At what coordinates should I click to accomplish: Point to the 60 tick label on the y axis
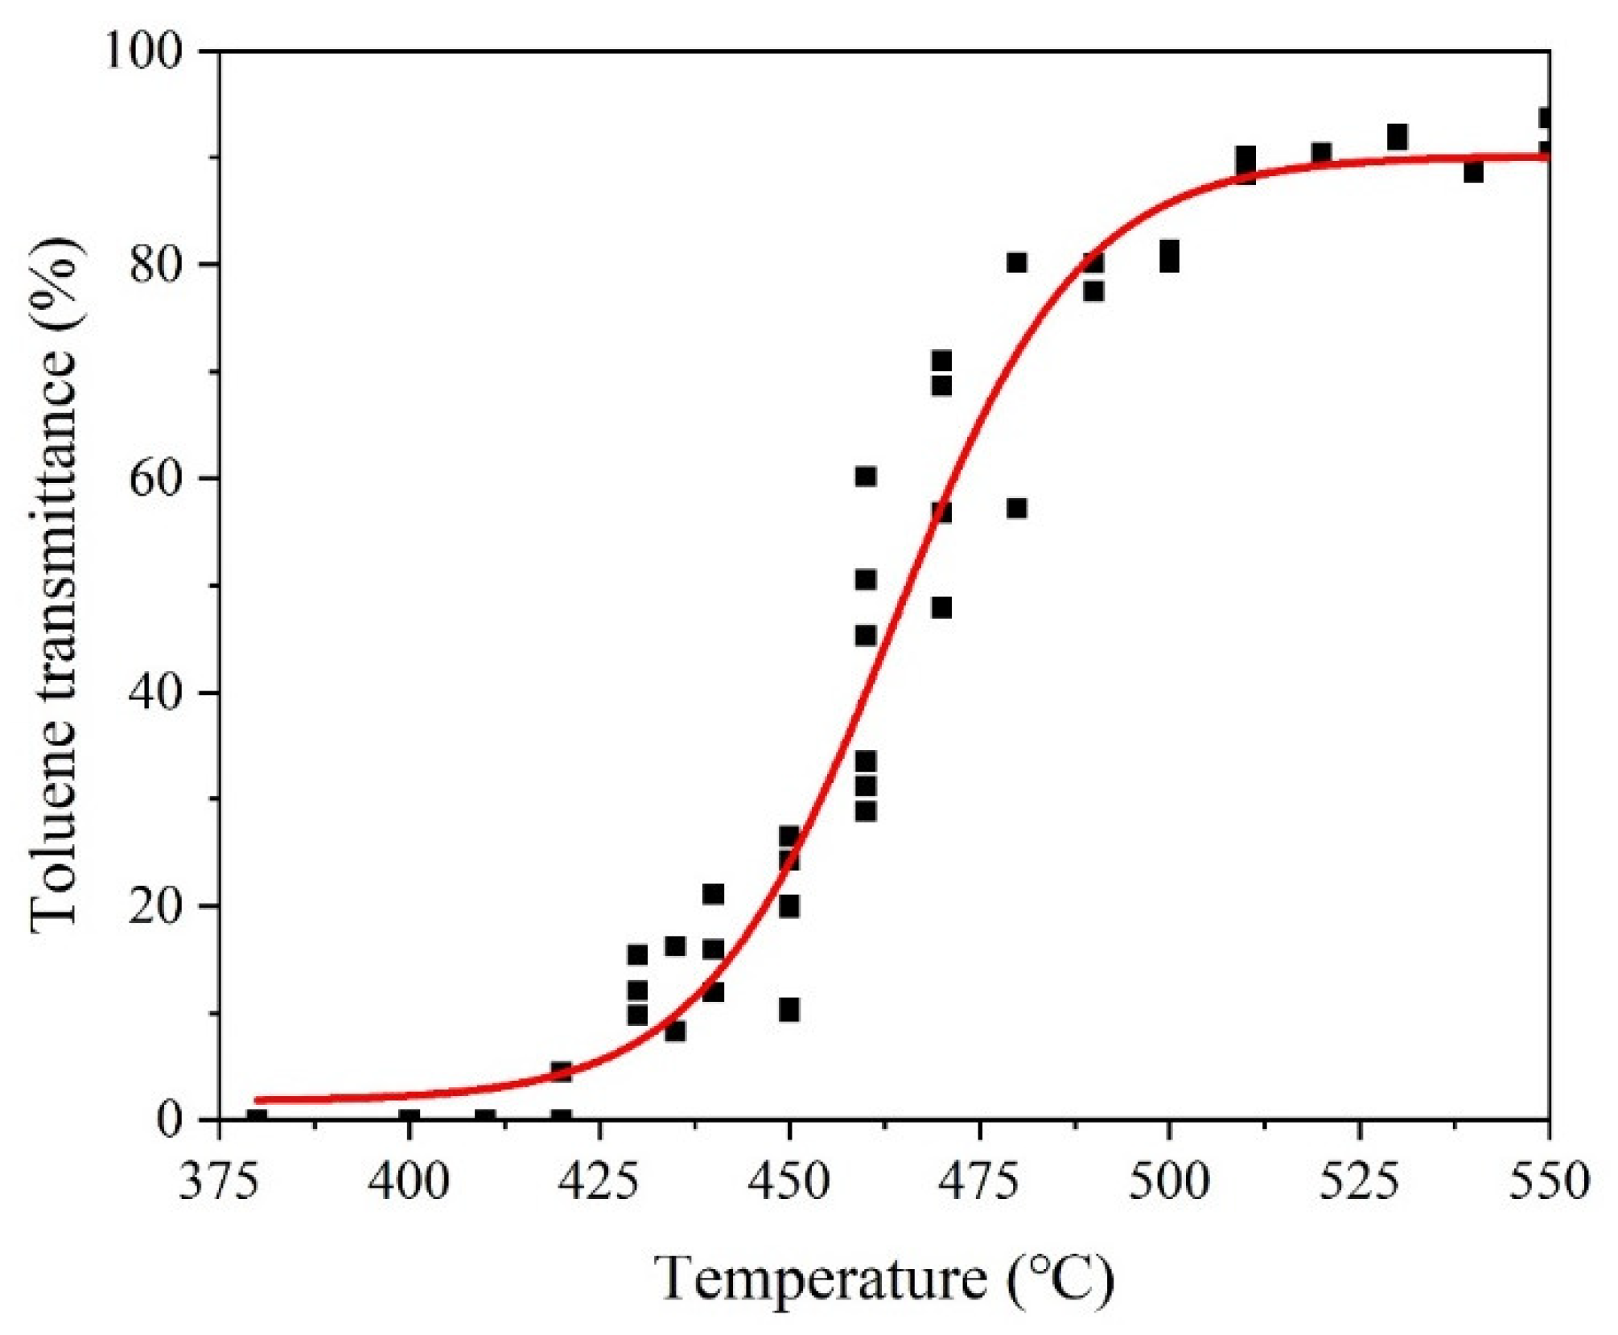pyautogui.click(x=157, y=478)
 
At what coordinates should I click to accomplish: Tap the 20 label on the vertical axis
pyautogui.click(x=157, y=906)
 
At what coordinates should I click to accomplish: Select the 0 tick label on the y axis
pyautogui.click(x=170, y=1119)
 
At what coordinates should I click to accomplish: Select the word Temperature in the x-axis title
pyautogui.click(x=821, y=1279)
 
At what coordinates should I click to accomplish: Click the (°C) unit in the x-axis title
pyautogui.click(x=1060, y=1279)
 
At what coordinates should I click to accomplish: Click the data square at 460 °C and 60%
pyautogui.click(x=865, y=476)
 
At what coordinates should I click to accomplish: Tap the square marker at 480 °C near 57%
pyautogui.click(x=1017, y=509)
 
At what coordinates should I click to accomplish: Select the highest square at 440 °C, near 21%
pyautogui.click(x=713, y=894)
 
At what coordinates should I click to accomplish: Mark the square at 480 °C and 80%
pyautogui.click(x=1017, y=263)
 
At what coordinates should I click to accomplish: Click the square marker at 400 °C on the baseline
pyautogui.click(x=410, y=1119)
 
